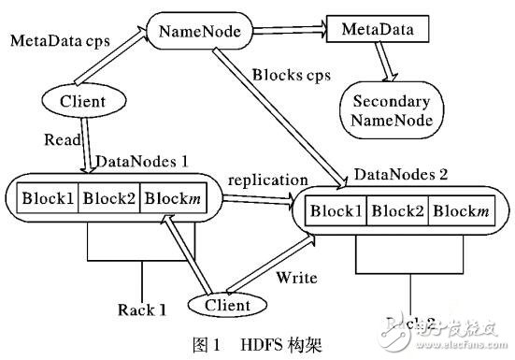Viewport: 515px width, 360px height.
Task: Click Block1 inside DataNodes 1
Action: pos(45,198)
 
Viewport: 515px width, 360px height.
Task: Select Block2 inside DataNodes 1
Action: pos(109,198)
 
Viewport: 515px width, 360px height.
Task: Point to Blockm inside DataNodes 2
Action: pos(467,212)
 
